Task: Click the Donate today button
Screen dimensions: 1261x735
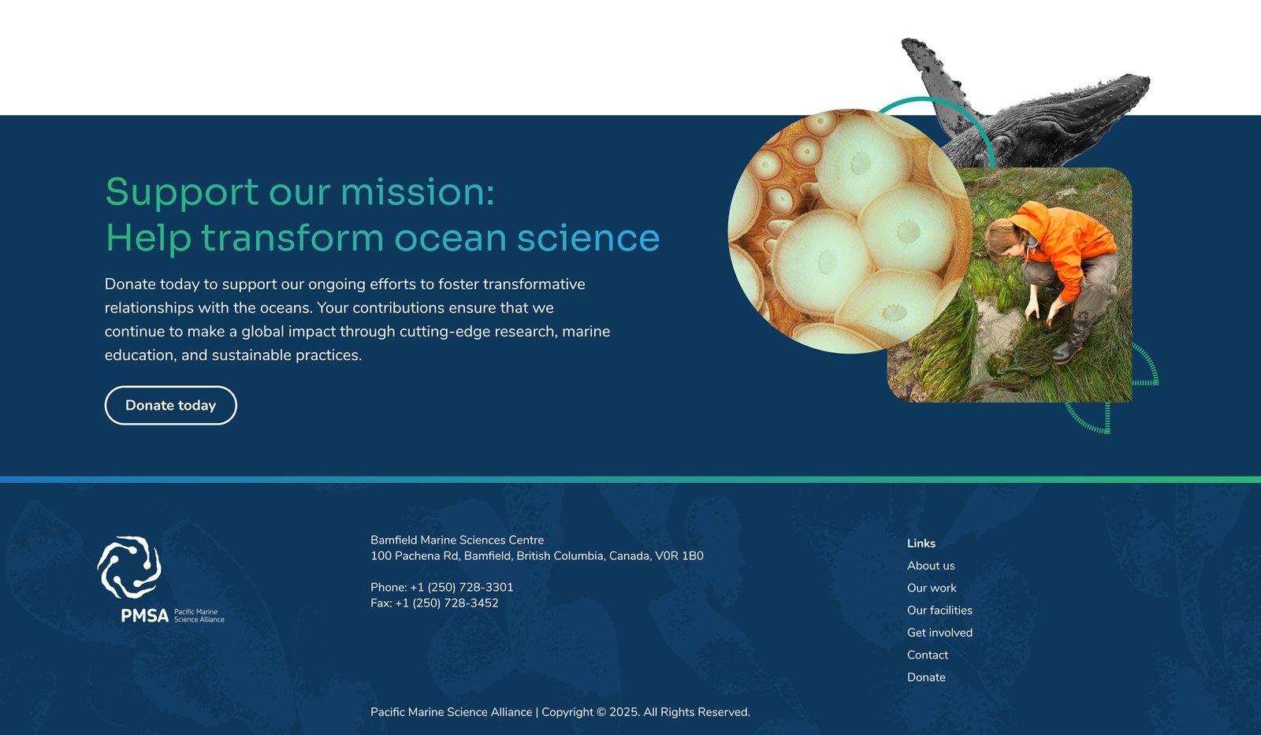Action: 170,405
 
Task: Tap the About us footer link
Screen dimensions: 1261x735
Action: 931,566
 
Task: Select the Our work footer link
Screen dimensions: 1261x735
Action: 932,588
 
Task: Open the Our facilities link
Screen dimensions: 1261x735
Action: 939,610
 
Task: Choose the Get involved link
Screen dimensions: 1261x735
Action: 939,633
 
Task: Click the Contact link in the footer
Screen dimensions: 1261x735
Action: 927,655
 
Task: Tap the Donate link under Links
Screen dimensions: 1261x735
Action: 926,677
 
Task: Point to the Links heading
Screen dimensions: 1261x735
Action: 921,543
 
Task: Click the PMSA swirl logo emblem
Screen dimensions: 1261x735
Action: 129,566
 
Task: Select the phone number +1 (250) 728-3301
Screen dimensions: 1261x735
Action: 462,587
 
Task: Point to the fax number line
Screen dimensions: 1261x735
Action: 434,603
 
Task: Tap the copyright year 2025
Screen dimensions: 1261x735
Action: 624,712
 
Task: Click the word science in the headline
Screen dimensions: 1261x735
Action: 588,237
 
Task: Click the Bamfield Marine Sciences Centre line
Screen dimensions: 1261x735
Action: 457,540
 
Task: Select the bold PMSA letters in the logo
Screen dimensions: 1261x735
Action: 145,616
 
